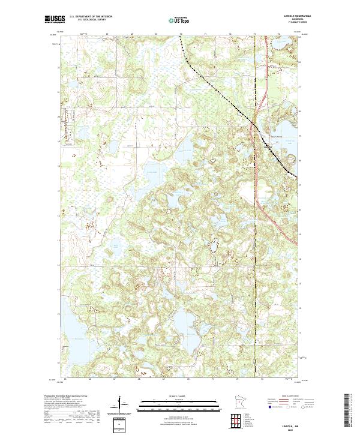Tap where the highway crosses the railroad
pyautogui.click(x=253, y=124)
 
